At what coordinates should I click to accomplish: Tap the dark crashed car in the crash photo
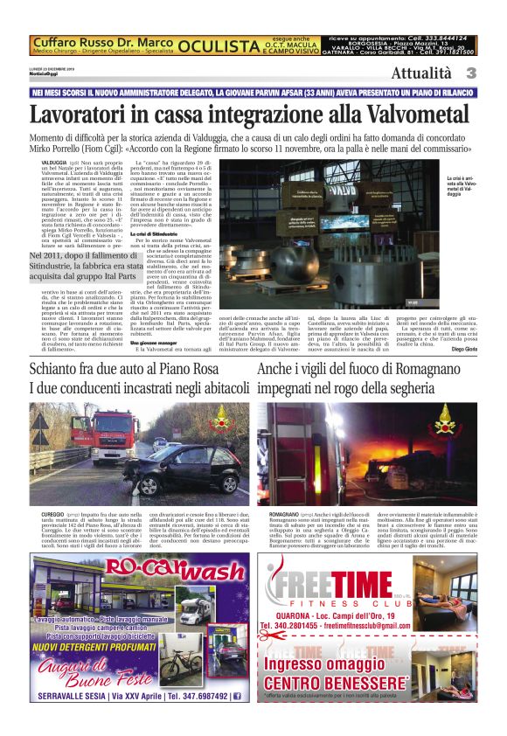coord(179,471)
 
